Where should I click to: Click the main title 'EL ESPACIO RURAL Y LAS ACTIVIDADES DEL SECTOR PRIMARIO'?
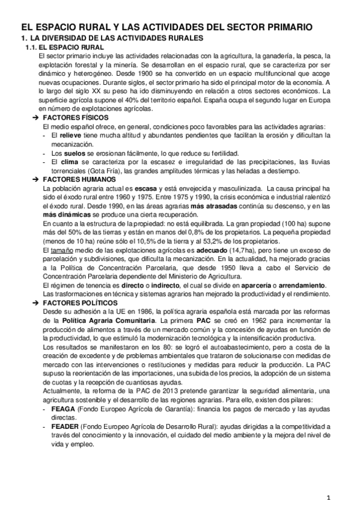click(x=166, y=28)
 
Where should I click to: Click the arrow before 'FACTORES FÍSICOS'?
click(x=35, y=118)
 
